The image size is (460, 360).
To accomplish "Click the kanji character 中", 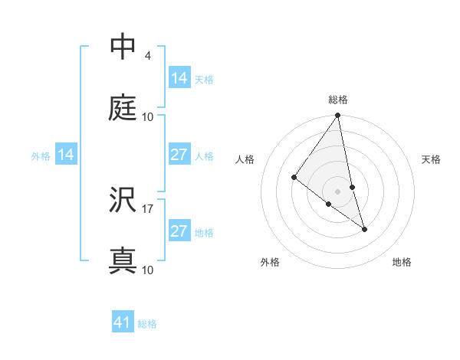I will click(123, 47).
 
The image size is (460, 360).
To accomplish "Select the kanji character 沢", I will click(123, 200).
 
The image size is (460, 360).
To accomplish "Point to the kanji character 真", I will click(123, 260).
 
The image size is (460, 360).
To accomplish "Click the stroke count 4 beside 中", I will click(147, 56).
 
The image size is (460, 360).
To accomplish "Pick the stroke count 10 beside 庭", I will click(148, 116).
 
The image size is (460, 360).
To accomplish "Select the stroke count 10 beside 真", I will click(148, 270).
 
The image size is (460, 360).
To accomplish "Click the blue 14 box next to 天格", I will click(179, 78).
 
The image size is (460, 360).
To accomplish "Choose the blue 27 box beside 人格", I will click(179, 155).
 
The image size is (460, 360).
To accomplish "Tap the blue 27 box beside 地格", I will click(179, 231).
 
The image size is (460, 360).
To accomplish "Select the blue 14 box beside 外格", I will click(66, 155).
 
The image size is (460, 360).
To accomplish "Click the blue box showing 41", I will click(123, 322).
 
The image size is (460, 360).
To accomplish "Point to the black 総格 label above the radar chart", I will click(338, 100).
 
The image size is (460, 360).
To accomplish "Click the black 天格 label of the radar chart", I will click(432, 159).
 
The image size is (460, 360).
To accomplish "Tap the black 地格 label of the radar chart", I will click(402, 262).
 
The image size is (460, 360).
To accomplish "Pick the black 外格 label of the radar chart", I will click(270, 262).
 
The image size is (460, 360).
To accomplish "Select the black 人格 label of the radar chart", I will click(245, 159).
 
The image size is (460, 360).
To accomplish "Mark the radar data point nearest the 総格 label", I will click(338, 116).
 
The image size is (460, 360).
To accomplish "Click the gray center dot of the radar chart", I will click(338, 191).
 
